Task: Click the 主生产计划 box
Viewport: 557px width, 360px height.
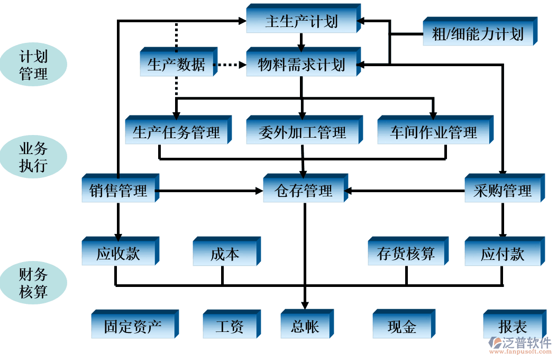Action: coord(301,22)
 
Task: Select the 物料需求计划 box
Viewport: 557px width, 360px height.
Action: coord(301,65)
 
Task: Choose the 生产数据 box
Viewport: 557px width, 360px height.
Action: coord(176,65)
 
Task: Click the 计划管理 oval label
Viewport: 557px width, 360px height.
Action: coord(33,65)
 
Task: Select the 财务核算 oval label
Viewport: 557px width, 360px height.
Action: coord(33,283)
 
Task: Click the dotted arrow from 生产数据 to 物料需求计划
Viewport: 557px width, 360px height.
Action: coord(230,66)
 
